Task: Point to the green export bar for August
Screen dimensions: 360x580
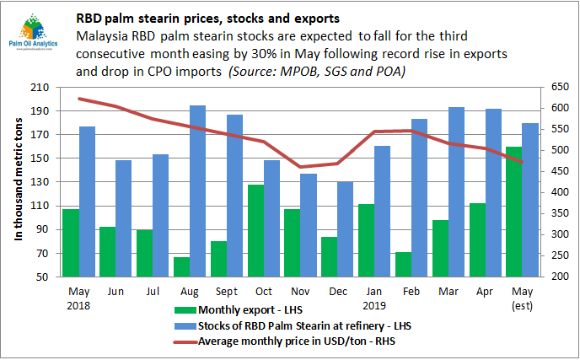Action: tap(181, 266)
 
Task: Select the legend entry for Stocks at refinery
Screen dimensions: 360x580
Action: tap(278, 328)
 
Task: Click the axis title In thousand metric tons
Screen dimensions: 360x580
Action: tap(19, 182)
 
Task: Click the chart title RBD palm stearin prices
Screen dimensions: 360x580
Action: tap(211, 16)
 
